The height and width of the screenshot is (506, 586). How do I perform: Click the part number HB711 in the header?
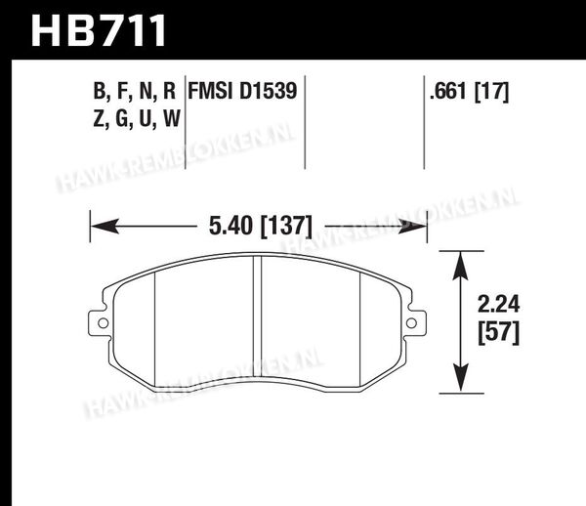pos(99,30)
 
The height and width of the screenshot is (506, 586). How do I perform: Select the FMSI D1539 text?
pos(242,91)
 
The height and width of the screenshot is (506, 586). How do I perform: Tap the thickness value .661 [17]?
pos(469,91)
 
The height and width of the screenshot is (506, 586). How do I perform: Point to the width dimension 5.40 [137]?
pos(260,226)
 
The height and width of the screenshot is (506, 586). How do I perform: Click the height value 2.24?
pos(498,305)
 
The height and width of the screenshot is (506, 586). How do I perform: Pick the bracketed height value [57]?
pos(498,332)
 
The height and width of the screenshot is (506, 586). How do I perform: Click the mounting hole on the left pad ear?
pos(103,323)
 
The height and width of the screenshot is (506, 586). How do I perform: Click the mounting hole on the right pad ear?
pos(411,323)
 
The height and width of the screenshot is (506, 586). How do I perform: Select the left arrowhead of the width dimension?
pos(105,226)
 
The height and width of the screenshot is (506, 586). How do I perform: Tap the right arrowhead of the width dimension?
pos(412,226)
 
